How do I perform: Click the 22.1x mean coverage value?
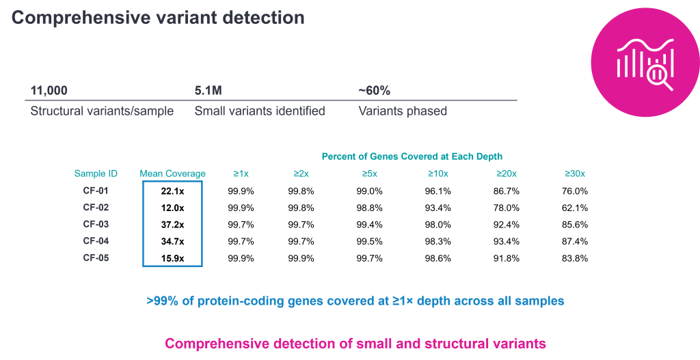pos(173,191)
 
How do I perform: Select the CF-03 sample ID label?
pos(96,224)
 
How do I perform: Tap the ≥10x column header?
pos(438,174)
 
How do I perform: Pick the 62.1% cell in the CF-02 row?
pos(574,208)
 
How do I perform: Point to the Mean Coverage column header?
pos(173,174)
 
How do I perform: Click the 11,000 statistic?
pos(49,91)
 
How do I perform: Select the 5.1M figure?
pos(208,91)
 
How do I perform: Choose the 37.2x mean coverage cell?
pos(173,224)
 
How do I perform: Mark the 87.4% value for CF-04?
pos(574,241)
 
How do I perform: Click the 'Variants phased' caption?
pos(403,111)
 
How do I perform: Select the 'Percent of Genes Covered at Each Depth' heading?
pos(412,156)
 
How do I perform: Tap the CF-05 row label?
pos(96,258)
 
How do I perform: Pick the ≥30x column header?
pos(574,174)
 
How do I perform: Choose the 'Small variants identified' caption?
pos(260,111)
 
